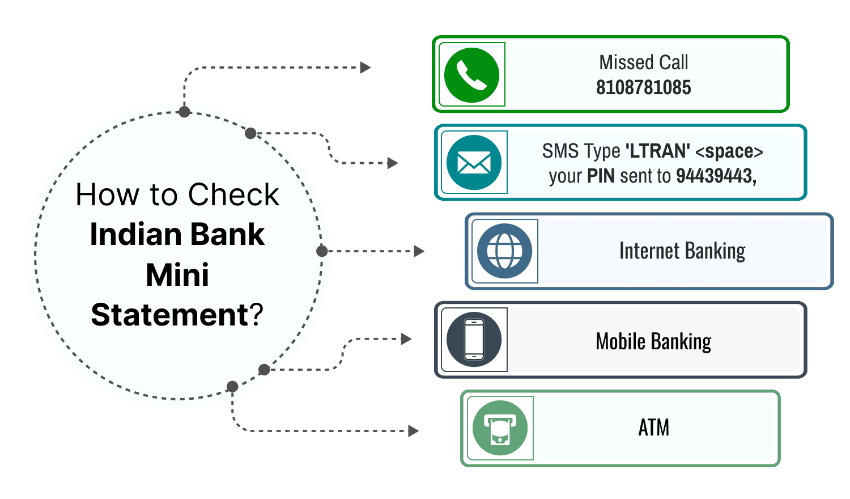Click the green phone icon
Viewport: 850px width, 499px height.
pyautogui.click(x=471, y=75)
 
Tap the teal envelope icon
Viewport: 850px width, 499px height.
pyautogui.click(x=474, y=163)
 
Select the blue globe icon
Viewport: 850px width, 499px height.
pyautogui.click(x=504, y=251)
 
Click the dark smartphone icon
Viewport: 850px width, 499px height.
pyautogui.click(x=474, y=340)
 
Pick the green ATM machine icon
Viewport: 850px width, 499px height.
pyautogui.click(x=500, y=428)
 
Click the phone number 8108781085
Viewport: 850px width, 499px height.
pyautogui.click(x=643, y=88)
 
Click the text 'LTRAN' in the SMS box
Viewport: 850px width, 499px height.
pyautogui.click(x=658, y=151)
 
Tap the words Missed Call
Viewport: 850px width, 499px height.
pyautogui.click(x=644, y=62)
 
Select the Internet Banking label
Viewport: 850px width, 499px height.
pyautogui.click(x=682, y=251)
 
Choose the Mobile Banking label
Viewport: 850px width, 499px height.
pyautogui.click(x=653, y=342)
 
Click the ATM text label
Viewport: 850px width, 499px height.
pyautogui.click(x=654, y=428)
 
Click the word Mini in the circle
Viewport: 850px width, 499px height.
pyautogui.click(x=177, y=275)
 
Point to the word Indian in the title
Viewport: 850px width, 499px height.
pyautogui.click(x=130, y=235)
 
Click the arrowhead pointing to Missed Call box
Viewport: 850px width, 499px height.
pyautogui.click(x=365, y=67)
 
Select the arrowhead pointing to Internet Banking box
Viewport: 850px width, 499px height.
pyautogui.click(x=419, y=251)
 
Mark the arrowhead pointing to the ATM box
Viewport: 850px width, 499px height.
pyautogui.click(x=414, y=431)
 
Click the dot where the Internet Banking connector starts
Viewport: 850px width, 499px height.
pyautogui.click(x=322, y=251)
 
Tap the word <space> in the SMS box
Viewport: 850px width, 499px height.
pyautogui.click(x=729, y=151)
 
